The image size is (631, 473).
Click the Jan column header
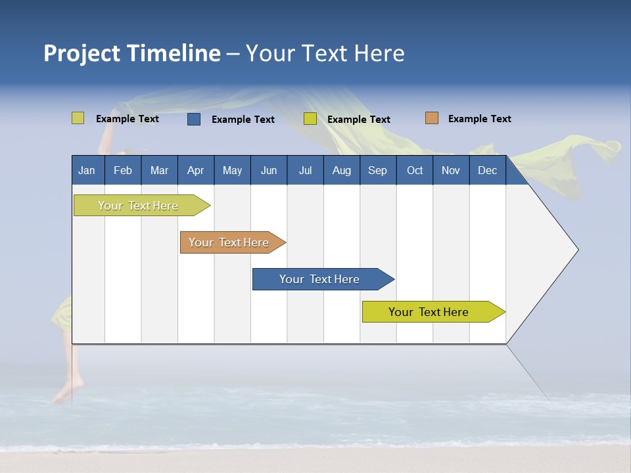(x=87, y=170)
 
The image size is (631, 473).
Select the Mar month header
(x=159, y=170)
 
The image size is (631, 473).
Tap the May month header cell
(x=232, y=170)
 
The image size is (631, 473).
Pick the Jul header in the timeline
(x=305, y=170)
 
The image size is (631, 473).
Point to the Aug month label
(x=341, y=170)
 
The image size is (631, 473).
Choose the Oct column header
(x=415, y=170)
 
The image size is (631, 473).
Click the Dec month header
(x=487, y=170)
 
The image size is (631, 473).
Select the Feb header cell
(x=123, y=170)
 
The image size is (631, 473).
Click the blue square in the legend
(x=194, y=119)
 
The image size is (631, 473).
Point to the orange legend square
(x=432, y=118)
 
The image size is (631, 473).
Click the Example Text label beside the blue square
(x=243, y=120)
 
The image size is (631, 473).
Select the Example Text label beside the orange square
(x=480, y=119)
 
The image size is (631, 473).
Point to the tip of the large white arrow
(x=576, y=250)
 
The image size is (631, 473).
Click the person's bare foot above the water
(x=64, y=393)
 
